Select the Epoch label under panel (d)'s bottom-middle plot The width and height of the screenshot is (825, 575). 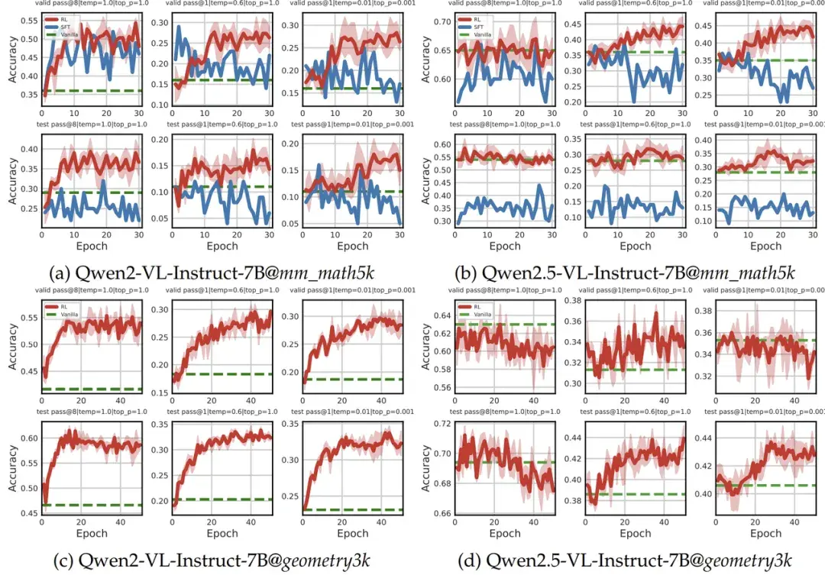click(x=636, y=533)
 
